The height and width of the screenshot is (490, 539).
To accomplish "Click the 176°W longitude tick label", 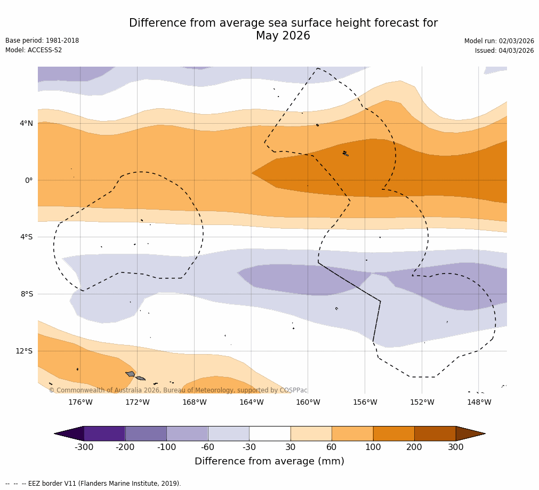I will [x=80, y=403].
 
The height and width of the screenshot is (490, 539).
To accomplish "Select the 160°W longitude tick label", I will [x=308, y=403].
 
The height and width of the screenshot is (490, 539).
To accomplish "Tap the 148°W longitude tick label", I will [x=479, y=403].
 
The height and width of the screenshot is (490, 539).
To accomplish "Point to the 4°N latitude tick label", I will [x=26, y=124].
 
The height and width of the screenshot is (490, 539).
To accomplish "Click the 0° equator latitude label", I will [x=29, y=181].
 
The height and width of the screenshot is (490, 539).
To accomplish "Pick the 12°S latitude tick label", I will [x=24, y=351].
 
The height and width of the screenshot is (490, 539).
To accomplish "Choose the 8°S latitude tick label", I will [x=27, y=294].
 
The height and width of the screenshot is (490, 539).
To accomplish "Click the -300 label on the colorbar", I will [x=84, y=447].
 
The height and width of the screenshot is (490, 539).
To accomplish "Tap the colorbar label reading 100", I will [x=373, y=447].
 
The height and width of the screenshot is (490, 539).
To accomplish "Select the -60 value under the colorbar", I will [x=208, y=447].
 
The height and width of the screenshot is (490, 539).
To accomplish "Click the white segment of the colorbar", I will [x=270, y=433].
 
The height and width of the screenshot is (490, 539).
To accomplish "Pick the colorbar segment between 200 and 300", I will [x=435, y=433].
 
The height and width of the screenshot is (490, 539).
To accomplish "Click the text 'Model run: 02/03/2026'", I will [x=499, y=41].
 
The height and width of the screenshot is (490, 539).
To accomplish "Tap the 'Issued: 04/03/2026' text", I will [x=504, y=51].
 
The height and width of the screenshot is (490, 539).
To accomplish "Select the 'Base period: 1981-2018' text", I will [x=42, y=41].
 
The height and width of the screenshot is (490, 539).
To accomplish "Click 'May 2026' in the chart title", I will [x=283, y=36].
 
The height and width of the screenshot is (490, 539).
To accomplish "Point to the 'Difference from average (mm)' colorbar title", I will [x=269, y=462].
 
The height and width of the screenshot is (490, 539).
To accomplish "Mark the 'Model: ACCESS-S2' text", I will [x=34, y=50].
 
